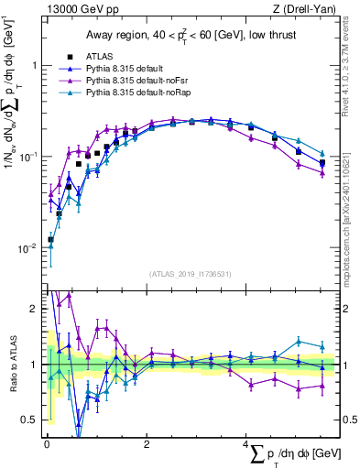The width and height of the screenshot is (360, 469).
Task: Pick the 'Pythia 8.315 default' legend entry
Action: coord(121,69)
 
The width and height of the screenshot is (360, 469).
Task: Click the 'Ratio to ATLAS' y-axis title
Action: coord(11,364)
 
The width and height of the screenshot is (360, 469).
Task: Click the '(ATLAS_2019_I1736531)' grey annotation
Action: coord(190,273)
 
